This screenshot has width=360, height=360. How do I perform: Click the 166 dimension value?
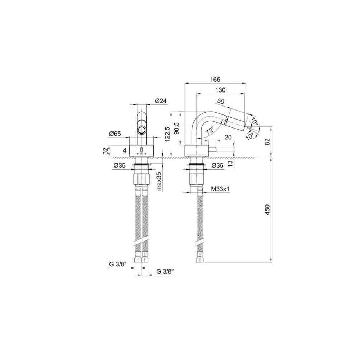215,80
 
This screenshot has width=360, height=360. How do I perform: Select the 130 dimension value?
220,90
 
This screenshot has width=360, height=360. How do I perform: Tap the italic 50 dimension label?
220,101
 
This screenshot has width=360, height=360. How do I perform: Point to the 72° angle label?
210,131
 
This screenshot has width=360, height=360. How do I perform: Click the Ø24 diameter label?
161,100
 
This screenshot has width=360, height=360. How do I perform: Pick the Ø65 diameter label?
115,134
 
